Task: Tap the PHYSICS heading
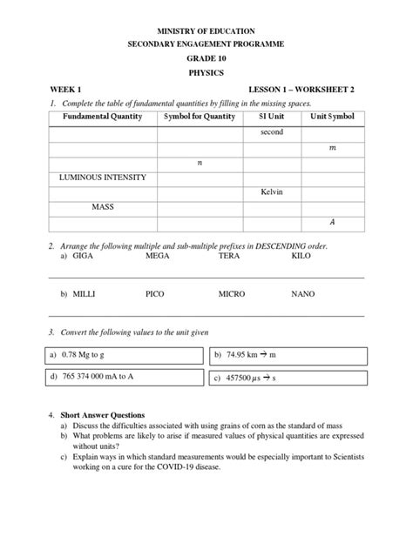click(x=206, y=73)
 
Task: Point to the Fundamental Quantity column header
click(x=103, y=117)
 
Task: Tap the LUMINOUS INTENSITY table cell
click(x=102, y=177)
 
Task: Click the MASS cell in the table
click(x=103, y=207)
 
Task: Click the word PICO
click(x=155, y=295)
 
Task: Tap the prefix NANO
click(x=303, y=295)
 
